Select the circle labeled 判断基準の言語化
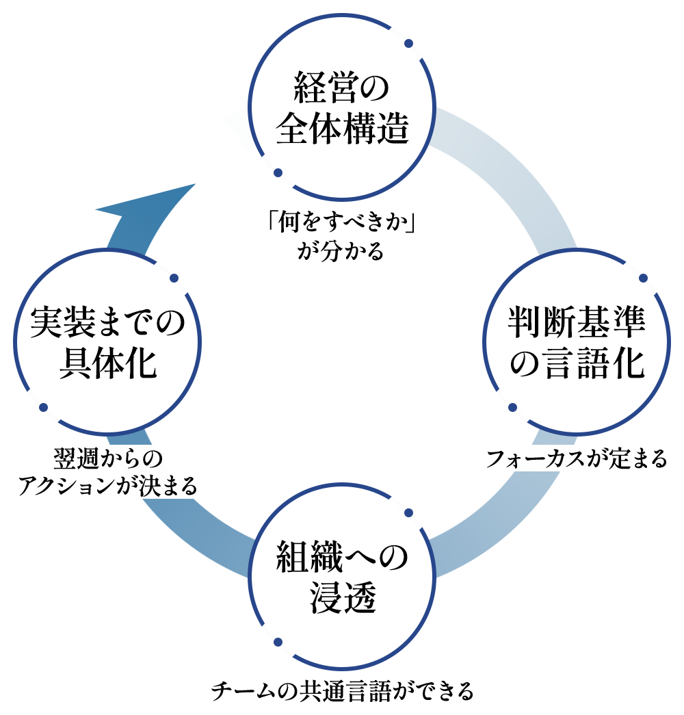click(x=577, y=342)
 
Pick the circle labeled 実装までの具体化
click(x=108, y=342)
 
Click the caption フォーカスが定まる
click(x=576, y=458)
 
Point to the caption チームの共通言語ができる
click(x=342, y=691)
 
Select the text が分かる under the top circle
click(x=341, y=251)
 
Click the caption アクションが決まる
click(x=107, y=486)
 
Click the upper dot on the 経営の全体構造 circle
click(x=408, y=44)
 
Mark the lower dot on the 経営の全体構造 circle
click(x=278, y=173)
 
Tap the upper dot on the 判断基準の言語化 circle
click(x=643, y=278)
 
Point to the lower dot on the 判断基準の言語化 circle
click(x=512, y=408)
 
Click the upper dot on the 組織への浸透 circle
click(x=408, y=512)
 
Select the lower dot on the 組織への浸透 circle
click(x=278, y=642)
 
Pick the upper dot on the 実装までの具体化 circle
click(x=174, y=278)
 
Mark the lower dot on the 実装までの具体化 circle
click(x=43, y=408)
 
